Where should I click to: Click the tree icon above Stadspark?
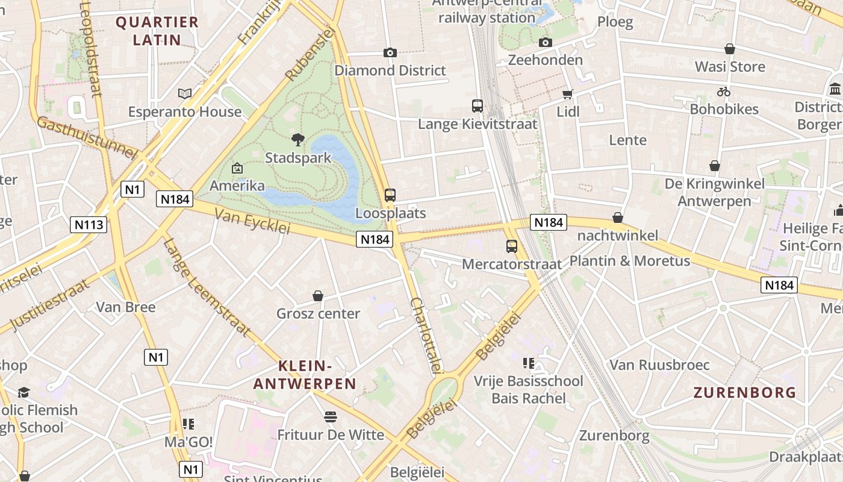point(297,140)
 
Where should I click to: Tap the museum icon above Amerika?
point(237,168)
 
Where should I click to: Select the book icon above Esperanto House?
point(185,93)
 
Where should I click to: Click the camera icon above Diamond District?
point(390,52)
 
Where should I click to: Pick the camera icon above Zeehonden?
point(546,42)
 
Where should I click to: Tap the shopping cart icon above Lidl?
point(568,94)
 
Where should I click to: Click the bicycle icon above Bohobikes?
point(724,92)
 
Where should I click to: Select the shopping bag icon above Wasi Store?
point(730,49)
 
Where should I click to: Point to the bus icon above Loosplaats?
point(390,195)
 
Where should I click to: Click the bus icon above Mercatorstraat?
point(512,246)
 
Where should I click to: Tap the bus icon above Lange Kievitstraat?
point(477,106)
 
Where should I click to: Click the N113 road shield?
point(89,225)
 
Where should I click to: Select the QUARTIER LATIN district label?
point(157,31)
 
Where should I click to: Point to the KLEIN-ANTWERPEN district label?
point(305,374)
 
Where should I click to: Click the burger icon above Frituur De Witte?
point(330,416)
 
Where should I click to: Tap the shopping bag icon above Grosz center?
point(318,296)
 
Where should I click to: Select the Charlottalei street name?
point(427,335)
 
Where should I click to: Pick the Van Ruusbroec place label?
point(660,365)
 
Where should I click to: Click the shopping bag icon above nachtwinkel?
point(618,218)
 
